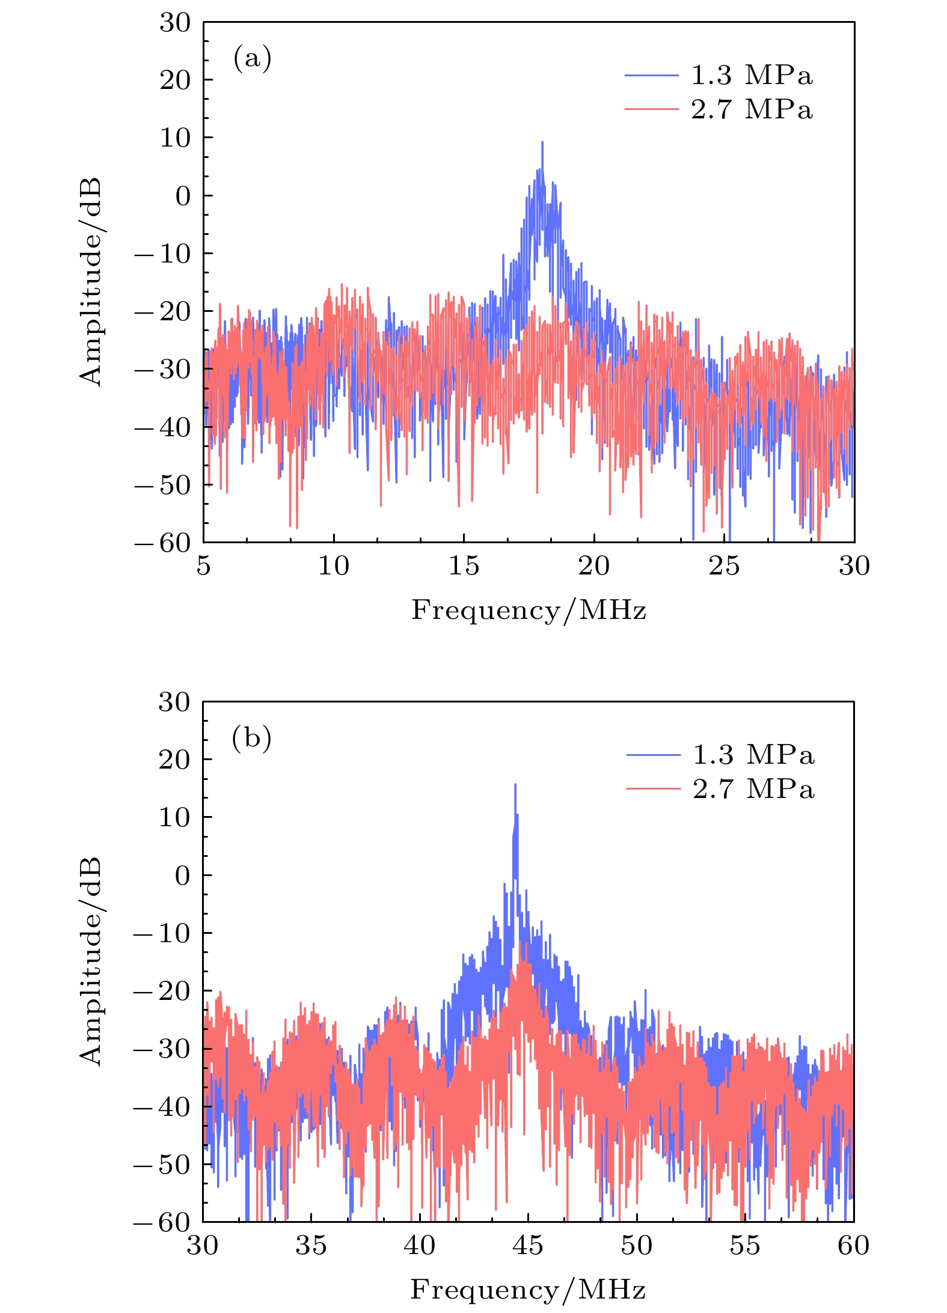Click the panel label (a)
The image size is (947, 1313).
pyautogui.click(x=252, y=59)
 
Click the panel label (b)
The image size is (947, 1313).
pyautogui.click(x=251, y=738)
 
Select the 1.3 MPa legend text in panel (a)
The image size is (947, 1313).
pyautogui.click(x=752, y=76)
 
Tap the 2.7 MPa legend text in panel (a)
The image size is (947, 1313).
pyautogui.click(x=752, y=110)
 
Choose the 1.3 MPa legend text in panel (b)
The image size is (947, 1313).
pyautogui.click(x=753, y=755)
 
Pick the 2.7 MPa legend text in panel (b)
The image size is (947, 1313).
pyautogui.click(x=753, y=790)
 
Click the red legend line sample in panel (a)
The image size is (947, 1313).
pyautogui.click(x=651, y=109)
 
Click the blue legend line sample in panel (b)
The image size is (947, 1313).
pyautogui.click(x=653, y=755)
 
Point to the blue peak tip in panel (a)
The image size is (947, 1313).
pyautogui.click(x=542, y=142)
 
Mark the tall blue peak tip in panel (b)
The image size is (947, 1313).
pyautogui.click(x=515, y=784)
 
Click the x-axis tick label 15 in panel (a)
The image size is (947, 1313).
pyautogui.click(x=464, y=566)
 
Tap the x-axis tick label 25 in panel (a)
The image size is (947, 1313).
pyautogui.click(x=724, y=566)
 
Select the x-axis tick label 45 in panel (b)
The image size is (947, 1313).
pyautogui.click(x=528, y=1246)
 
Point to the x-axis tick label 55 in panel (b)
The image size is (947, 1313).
pyautogui.click(x=745, y=1246)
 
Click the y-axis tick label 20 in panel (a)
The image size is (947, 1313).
pyautogui.click(x=174, y=80)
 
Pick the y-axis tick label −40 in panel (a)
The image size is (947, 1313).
pyautogui.click(x=162, y=427)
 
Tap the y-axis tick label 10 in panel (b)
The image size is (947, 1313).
pyautogui.click(x=174, y=818)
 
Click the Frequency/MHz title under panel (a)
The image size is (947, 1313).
pyautogui.click(x=529, y=611)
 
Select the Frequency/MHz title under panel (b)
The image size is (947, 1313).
pyautogui.click(x=528, y=1290)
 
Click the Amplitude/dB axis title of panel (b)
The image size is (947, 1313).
pyautogui.click(x=91, y=961)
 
